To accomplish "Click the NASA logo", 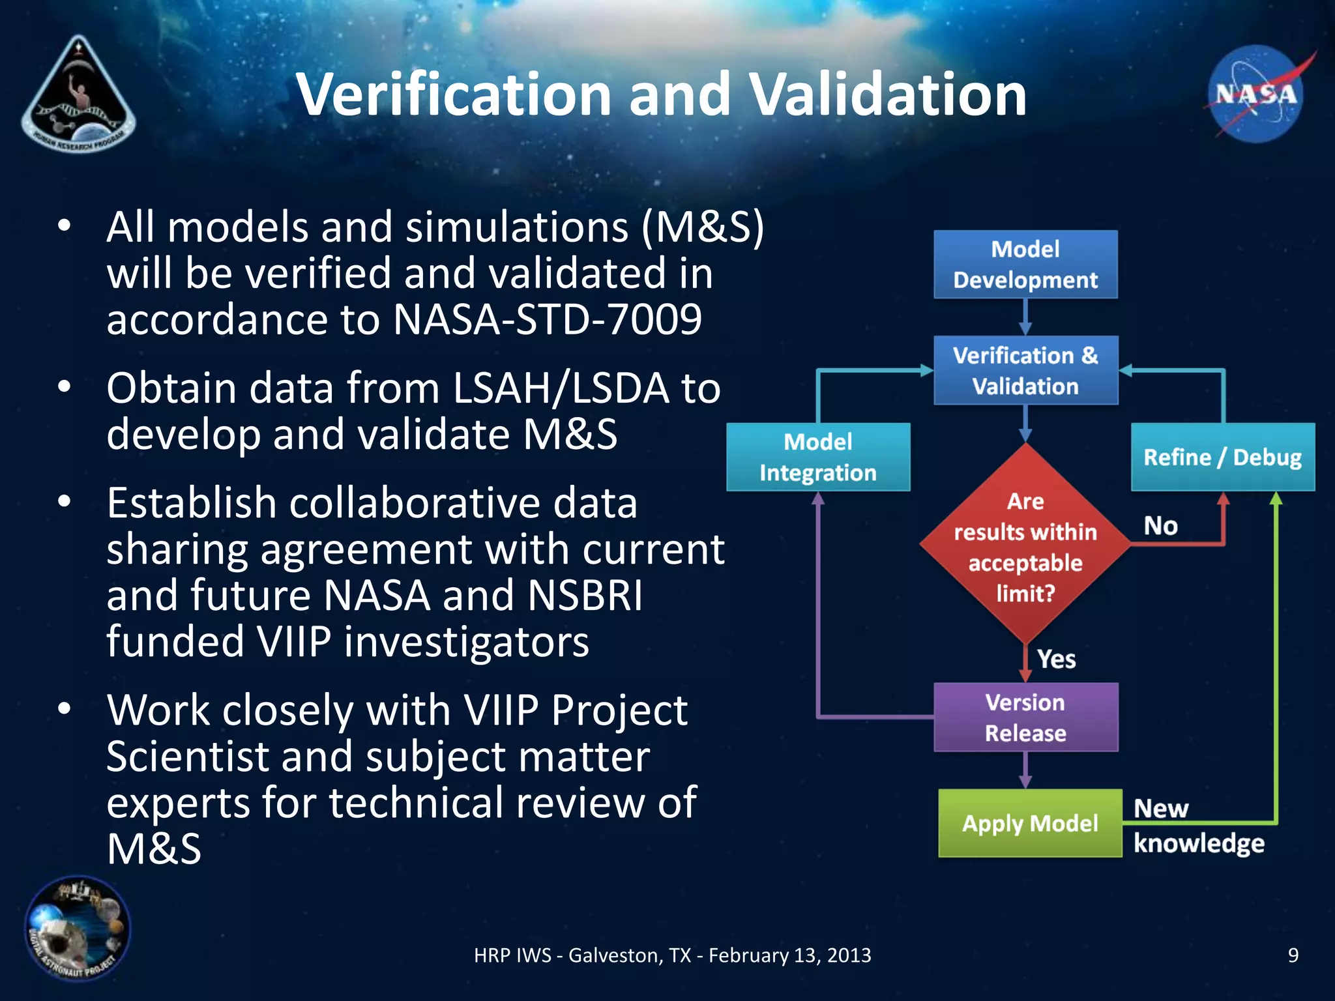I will coord(1255,94).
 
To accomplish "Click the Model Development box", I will coord(1025,265).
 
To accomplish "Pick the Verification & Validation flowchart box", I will coord(1025,370).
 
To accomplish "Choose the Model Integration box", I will coord(818,457).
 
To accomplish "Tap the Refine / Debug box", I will coord(1222,457).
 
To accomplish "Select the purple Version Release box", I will coord(1025,718).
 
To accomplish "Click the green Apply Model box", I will coord(1030,823).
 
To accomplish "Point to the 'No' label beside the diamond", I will coord(1160,525).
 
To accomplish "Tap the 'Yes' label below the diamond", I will coord(1056,659).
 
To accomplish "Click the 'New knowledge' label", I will coord(1198,826).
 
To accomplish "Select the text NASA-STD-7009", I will coord(548,319).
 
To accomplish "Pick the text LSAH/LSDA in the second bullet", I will coord(561,388).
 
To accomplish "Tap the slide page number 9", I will coord(1293,955).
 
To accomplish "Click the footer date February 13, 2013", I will coord(789,955).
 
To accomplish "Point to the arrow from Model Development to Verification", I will coord(1025,317).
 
